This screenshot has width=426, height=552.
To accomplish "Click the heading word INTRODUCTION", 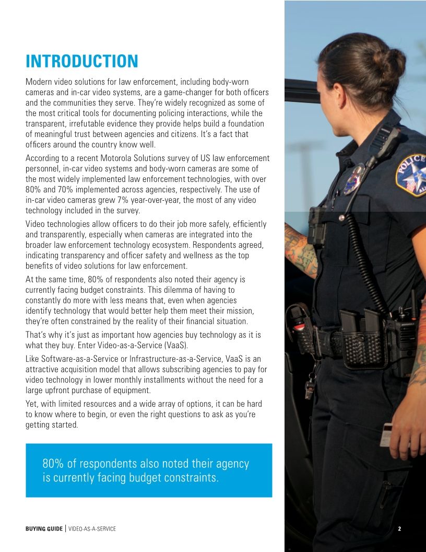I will [82, 61].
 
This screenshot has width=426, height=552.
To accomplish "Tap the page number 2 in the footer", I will [399, 528].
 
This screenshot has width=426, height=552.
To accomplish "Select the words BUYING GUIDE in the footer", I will [44, 529].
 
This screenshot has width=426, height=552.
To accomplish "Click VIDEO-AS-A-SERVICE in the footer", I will [92, 529].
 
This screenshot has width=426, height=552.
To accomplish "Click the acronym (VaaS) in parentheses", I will [175, 346].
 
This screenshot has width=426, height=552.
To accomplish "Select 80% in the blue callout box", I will [52, 464].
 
